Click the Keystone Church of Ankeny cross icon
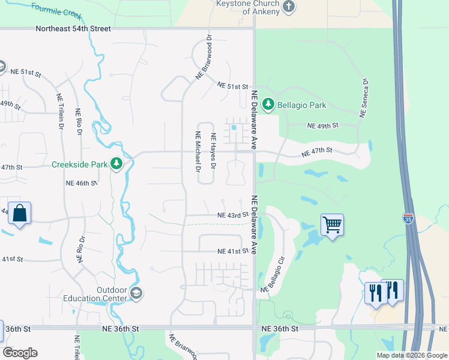[289, 7]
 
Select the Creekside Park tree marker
[116, 164]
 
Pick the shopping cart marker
[332, 225]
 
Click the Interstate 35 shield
[408, 218]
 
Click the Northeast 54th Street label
[73, 28]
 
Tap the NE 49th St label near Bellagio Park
[323, 125]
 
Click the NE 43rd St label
[233, 215]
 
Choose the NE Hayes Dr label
[212, 151]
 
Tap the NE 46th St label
[81, 182]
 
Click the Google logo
[20, 353]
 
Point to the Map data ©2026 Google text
[411, 355]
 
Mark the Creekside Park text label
[79, 164]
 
